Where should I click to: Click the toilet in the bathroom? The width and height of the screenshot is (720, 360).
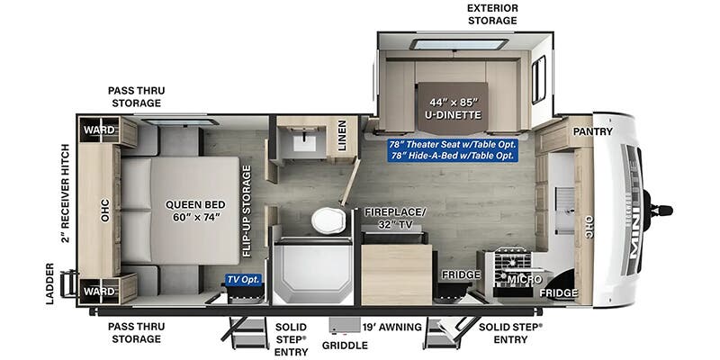pos(328,220)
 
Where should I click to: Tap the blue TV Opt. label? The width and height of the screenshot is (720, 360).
pos(243,279)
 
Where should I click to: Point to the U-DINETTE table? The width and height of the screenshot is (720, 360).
pos(453,108)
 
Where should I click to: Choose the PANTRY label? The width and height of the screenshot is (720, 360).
pos(592,131)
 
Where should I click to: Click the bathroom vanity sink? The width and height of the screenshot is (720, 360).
pos(304,142)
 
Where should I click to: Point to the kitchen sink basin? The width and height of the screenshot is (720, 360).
pos(565,209)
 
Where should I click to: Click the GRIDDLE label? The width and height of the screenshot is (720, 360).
pos(345,346)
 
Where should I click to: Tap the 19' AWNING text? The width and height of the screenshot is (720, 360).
pos(391,327)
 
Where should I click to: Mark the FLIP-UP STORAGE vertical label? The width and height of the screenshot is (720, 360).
pos(247,211)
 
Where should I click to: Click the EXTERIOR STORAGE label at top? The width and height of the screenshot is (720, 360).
pos(492,14)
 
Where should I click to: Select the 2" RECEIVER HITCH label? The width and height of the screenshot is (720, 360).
pos(66,193)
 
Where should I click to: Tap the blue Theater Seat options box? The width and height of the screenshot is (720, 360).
pos(453,149)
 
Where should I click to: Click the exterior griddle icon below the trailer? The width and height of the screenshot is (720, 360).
pos(345,325)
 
